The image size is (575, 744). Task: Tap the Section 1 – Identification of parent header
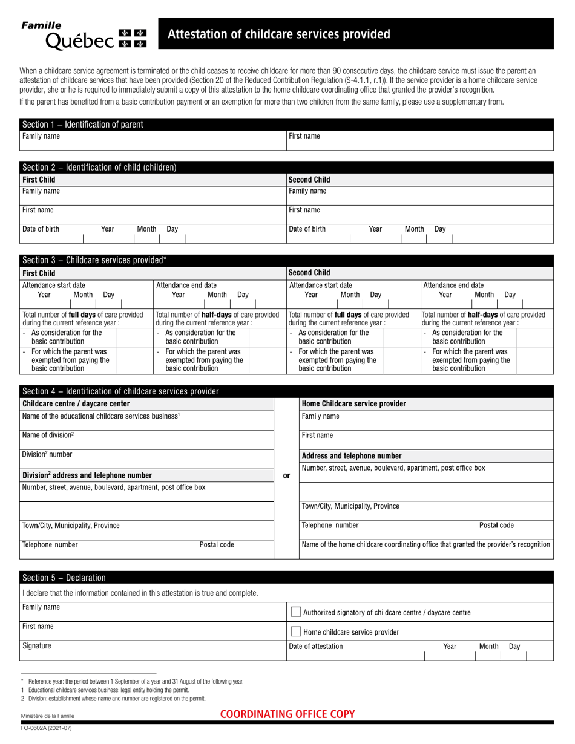[x=83, y=125]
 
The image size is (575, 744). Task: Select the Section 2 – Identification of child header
[x=99, y=167]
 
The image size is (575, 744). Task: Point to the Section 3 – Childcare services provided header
[x=94, y=260]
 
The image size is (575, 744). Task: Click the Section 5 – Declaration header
[x=64, y=578]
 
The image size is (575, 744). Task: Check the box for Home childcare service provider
[x=296, y=632]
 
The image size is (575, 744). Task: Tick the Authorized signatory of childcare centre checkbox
[x=296, y=612]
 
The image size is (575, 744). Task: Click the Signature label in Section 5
[x=37, y=646]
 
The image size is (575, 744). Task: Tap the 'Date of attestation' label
[x=316, y=646]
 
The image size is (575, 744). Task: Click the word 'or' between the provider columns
[x=286, y=476]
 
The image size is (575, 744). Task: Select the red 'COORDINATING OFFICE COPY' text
[x=287, y=714]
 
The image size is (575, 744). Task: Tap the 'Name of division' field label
[x=48, y=435]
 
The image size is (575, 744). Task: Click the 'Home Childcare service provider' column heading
[x=354, y=404]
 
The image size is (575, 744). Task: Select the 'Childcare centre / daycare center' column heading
[x=76, y=404]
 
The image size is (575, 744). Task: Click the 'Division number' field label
[x=47, y=454]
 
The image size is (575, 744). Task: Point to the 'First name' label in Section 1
[x=304, y=136]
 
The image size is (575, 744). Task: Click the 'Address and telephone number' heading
[x=352, y=456]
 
